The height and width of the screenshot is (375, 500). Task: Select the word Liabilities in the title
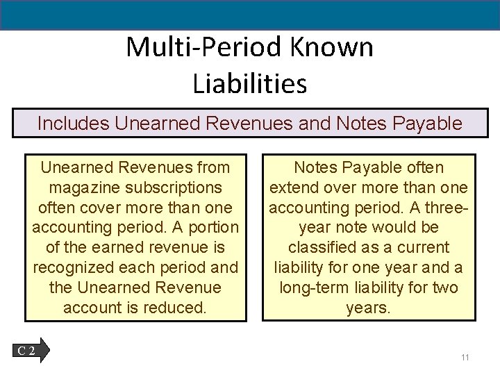click(x=250, y=83)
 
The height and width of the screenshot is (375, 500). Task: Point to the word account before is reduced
click(x=87, y=307)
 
